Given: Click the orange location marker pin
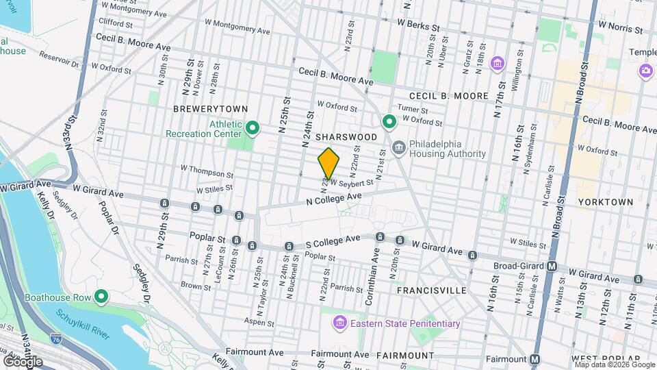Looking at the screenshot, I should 329,163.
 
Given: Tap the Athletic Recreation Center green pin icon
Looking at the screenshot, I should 253,127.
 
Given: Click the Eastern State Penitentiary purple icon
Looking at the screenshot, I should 339,323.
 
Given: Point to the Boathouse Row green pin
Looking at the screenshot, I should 101,297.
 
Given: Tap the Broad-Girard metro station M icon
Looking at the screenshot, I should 552,266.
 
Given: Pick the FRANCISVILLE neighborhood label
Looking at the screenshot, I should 431,291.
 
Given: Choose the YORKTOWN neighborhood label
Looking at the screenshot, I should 605,202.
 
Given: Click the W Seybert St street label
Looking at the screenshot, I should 352,182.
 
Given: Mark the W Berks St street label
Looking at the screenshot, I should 417,25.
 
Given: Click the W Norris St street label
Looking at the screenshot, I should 620,29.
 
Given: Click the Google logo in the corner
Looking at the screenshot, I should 22,360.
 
